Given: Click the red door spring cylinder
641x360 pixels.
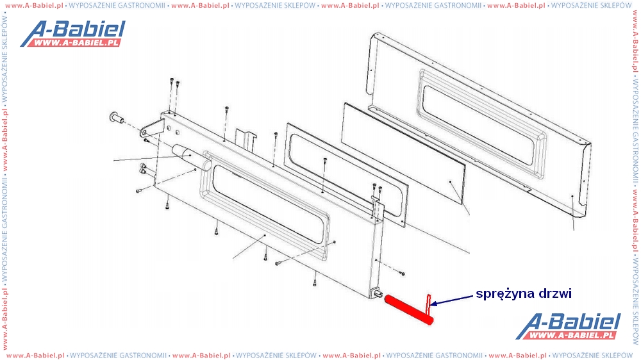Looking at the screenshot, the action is pyautogui.click(x=408, y=310).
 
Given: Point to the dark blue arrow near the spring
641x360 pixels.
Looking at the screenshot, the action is pyautogui.click(x=451, y=300).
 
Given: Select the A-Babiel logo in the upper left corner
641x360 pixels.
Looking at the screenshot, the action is pyautogui.click(x=73, y=33).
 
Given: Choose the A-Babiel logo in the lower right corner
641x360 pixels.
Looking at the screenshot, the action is pyautogui.click(x=568, y=326).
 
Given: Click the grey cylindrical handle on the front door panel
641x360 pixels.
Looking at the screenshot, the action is pyautogui.click(x=191, y=156).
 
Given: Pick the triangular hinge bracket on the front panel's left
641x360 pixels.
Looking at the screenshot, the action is pyautogui.click(x=152, y=128).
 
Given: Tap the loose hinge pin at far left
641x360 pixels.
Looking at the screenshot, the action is pyautogui.click(x=117, y=118).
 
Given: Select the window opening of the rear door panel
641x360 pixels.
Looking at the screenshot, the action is pyautogui.click(x=478, y=125).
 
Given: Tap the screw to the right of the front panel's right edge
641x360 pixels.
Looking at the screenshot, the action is pyautogui.click(x=402, y=273).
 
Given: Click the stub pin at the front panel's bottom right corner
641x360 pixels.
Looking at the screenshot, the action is pyautogui.click(x=378, y=293).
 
